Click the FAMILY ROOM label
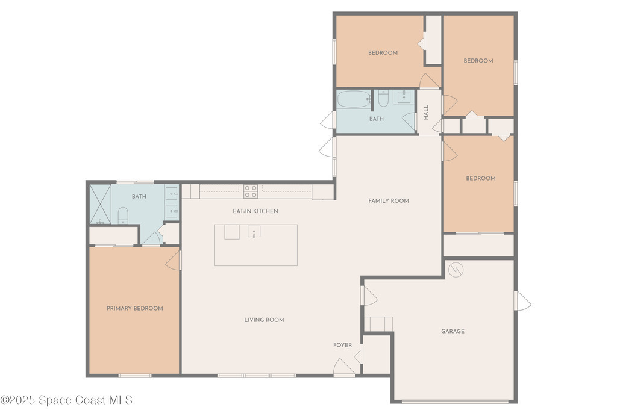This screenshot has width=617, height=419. (389, 201)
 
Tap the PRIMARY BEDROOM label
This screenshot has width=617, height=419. (135, 309)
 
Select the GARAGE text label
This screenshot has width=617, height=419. (453, 331)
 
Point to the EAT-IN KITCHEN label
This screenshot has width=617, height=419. (255, 211)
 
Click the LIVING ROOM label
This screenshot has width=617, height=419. (264, 320)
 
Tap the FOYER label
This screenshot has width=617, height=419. (342, 345)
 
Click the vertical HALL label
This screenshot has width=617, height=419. (426, 113)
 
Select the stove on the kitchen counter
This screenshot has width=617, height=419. (251, 191)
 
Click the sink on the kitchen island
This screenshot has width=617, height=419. (254, 232)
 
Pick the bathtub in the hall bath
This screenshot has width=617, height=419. (354, 99)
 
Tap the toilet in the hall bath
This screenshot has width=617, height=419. (383, 98)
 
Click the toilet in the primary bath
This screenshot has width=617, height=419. (123, 216)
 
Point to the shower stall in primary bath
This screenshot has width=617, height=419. (101, 204)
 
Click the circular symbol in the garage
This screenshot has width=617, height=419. (456, 270)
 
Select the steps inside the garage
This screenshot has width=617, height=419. (378, 324)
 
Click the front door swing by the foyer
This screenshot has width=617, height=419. (344, 367)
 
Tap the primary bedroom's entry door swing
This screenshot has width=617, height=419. (174, 261)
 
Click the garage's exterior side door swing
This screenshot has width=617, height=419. (522, 300)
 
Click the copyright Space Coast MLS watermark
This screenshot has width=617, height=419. (66, 400)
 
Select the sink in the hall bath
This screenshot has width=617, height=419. (403, 97)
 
